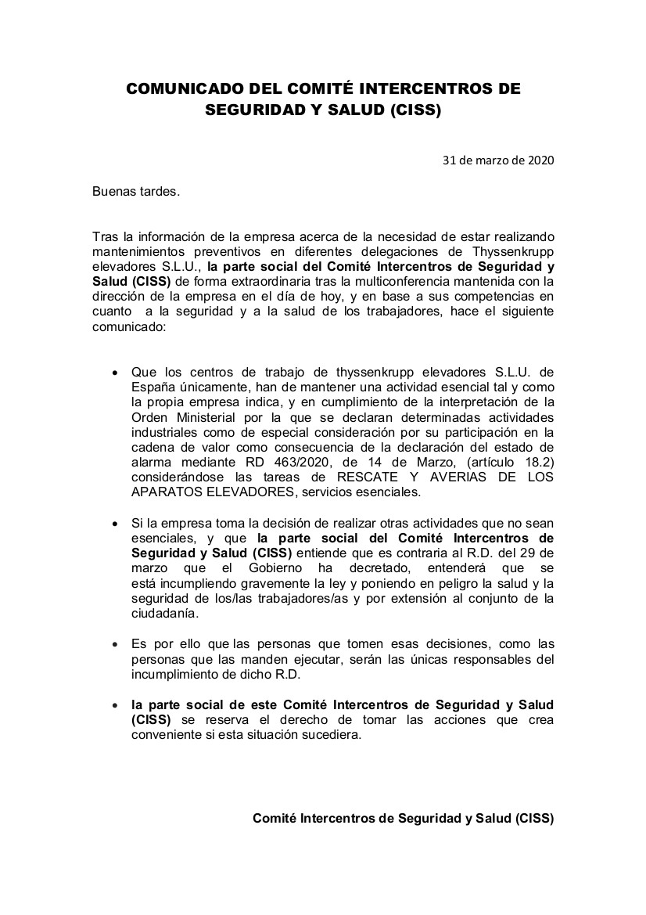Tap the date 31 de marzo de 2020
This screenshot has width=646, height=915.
coord(498,160)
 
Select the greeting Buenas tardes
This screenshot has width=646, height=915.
coord(136,190)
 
